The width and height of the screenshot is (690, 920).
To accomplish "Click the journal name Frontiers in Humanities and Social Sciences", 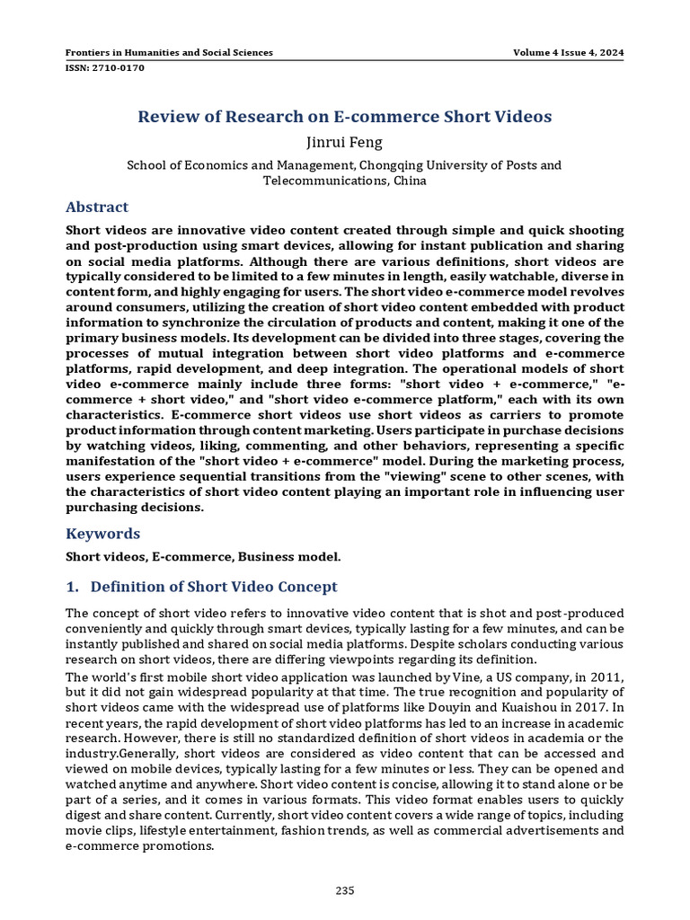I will pos(170,53).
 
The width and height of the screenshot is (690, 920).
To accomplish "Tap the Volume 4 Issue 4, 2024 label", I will pos(568,53).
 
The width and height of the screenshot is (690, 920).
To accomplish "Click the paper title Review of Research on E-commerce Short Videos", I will pos(344,117).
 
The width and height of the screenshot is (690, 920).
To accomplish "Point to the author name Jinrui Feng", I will pos(344,142).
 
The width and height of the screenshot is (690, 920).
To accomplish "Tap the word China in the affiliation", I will pos(409,181).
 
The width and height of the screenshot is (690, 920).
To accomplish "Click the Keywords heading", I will pos(102,534).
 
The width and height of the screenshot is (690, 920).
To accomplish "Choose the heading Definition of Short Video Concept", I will pos(214,587).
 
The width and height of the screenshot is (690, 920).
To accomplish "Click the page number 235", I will pos(345,890).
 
